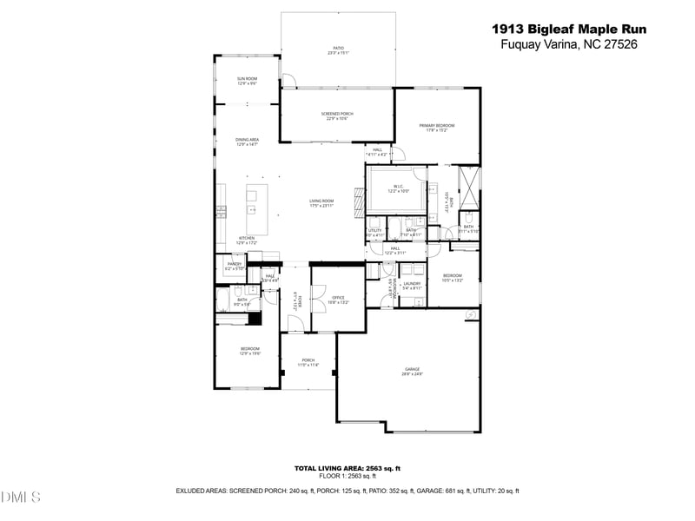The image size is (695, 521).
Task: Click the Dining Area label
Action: pos(248,142)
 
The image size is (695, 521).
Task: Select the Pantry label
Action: pos(235,266)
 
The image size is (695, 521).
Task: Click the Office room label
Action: pos(338,300)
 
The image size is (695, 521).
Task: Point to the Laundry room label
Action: pos(411,285)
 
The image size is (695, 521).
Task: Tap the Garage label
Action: pos(411,371)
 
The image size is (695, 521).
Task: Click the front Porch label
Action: pos(308,362)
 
